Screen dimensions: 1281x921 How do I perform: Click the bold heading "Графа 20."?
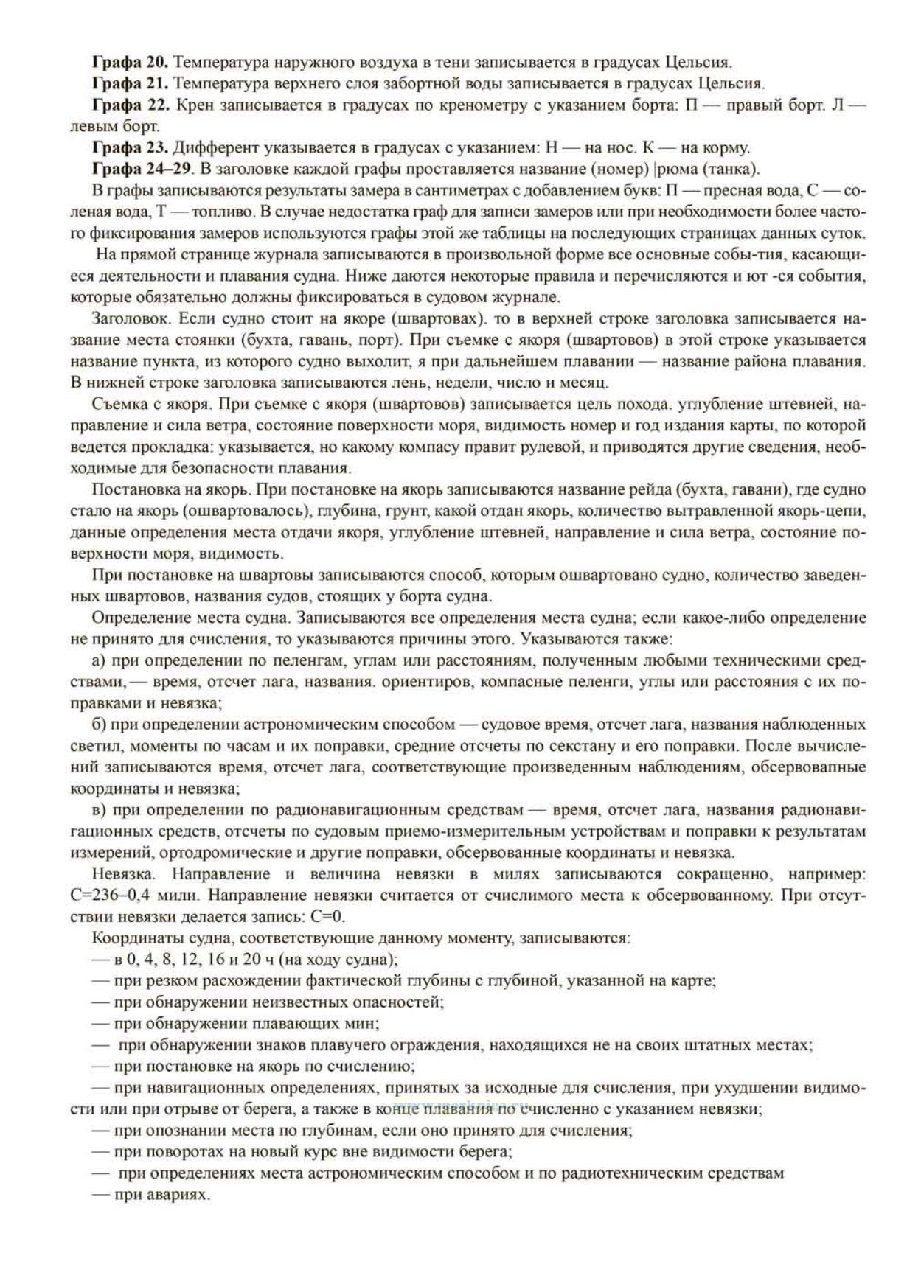point(130,62)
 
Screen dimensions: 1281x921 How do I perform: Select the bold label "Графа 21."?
point(130,83)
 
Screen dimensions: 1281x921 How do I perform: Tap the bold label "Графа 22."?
point(130,105)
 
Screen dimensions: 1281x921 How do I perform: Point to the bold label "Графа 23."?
point(130,147)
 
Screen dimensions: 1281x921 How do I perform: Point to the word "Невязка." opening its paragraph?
point(123,875)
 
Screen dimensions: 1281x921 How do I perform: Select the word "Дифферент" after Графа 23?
point(215,147)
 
